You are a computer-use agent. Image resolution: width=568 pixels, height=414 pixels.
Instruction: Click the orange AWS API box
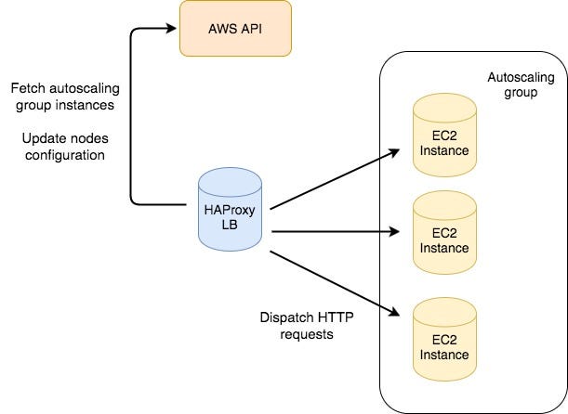tap(235, 28)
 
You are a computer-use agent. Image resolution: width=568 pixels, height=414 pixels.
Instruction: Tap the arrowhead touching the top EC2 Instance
tap(402, 152)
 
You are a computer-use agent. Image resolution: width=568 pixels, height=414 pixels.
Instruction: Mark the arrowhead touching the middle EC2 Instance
tap(402, 232)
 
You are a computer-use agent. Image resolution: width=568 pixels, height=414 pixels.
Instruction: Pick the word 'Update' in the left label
tap(43, 139)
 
